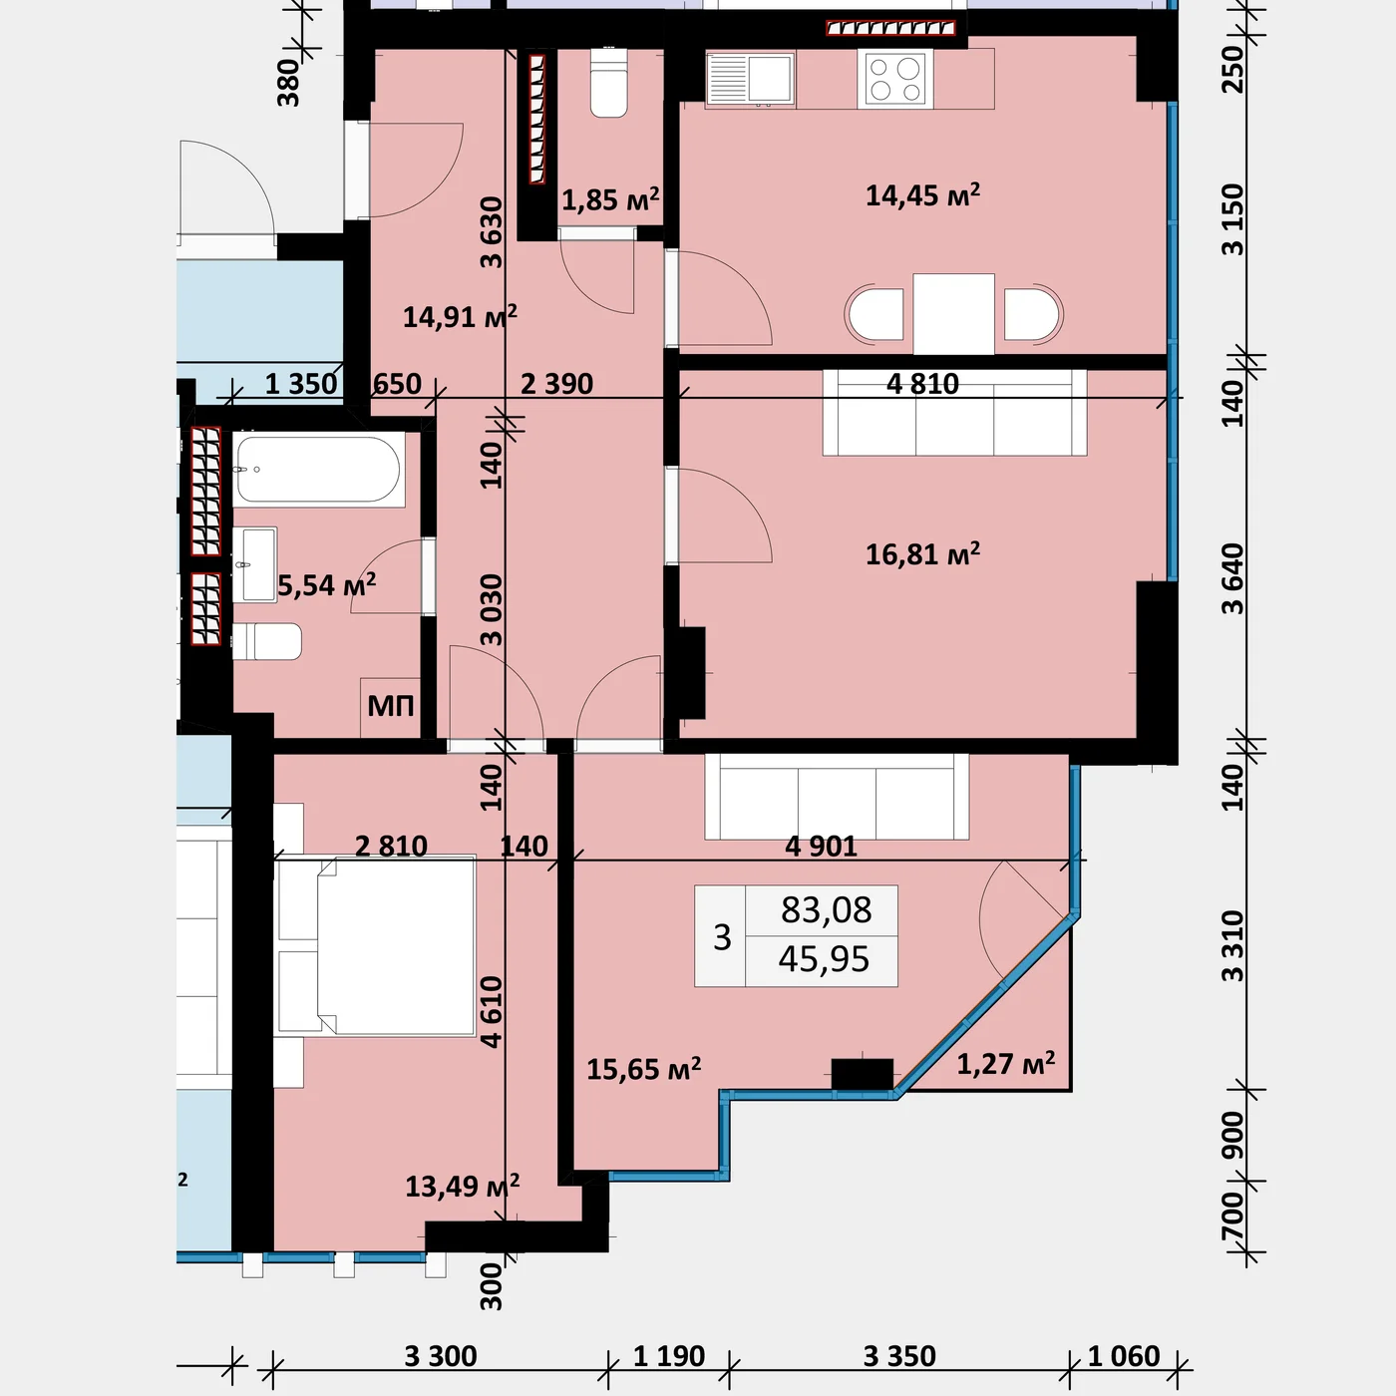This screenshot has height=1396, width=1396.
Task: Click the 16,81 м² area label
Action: pos(923,554)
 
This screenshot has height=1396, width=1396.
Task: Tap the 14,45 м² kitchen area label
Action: pos(923,194)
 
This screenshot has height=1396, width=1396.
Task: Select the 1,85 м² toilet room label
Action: pos(610,199)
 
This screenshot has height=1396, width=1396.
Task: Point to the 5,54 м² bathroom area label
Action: pos(326,584)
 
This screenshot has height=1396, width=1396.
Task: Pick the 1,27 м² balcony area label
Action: pos(1005,1064)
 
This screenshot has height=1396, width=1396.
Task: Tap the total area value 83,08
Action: pos(826,910)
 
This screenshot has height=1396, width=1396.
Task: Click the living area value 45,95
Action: pos(824,959)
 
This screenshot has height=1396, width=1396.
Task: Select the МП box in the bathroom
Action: pos(391,706)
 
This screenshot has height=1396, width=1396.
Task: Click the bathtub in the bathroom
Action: pos(318,470)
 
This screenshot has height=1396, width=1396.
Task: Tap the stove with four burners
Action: pos(895,79)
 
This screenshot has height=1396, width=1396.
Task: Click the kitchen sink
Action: pos(751,79)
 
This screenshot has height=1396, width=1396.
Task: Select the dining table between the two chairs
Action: pos(953,314)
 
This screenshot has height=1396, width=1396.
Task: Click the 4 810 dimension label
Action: pos(923,383)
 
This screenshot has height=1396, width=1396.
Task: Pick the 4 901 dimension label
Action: pos(822,846)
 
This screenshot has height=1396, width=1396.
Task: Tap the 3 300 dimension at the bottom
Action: pos(441,1355)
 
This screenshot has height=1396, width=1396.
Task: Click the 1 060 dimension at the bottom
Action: pos(1124,1355)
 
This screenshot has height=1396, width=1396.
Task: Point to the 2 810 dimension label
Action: pos(391,846)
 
